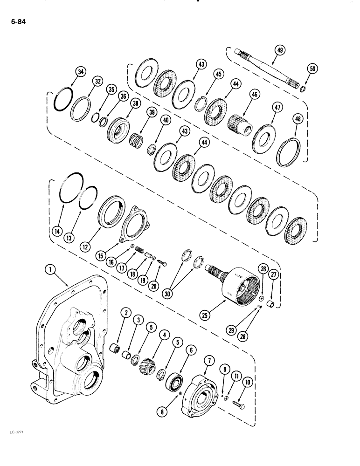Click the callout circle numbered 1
(x=50, y=270)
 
